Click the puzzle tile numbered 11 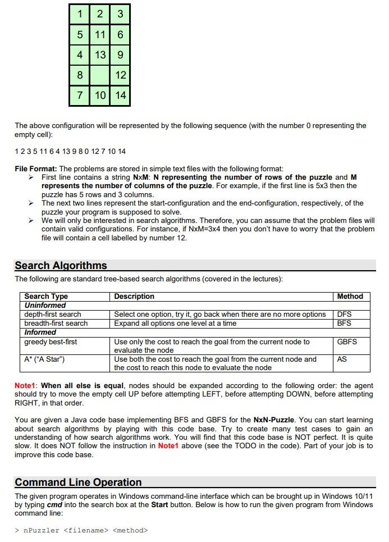tap(100, 35)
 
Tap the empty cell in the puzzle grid tap(100, 75)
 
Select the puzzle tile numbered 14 tap(120, 95)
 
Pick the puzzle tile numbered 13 tap(100, 55)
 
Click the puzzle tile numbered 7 tap(80, 95)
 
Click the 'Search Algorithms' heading tap(61, 266)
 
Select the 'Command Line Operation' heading tap(78, 482)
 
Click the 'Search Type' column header tap(46, 296)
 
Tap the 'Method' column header tap(350, 296)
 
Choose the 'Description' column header tap(134, 296)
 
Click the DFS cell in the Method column tap(344, 314)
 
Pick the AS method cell tap(341, 359)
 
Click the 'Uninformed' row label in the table tap(45, 305)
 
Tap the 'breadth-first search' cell tap(56, 323)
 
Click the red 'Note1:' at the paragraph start tap(26, 386)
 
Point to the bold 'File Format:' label tap(36, 168)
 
